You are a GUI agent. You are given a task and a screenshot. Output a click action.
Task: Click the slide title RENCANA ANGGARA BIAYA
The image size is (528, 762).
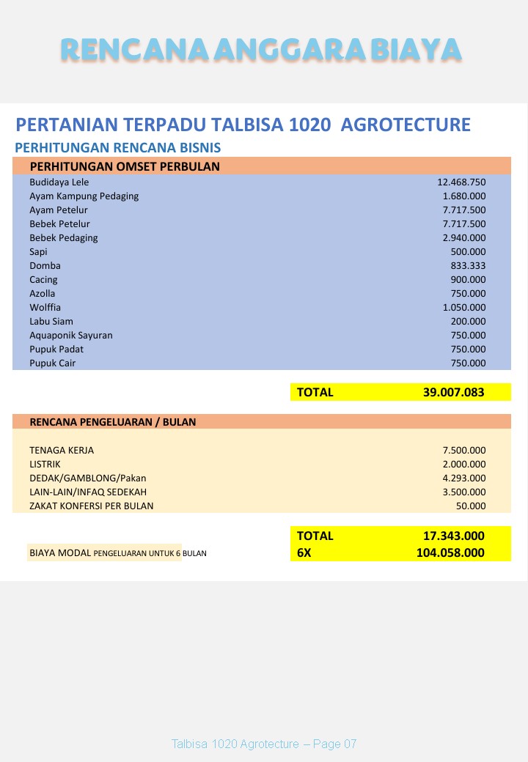(x=261, y=50)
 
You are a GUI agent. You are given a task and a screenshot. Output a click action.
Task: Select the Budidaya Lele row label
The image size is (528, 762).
(x=59, y=182)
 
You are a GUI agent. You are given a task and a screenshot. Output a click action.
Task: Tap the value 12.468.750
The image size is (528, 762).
(x=461, y=182)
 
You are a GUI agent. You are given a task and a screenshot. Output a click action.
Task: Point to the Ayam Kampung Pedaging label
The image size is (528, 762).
(x=84, y=196)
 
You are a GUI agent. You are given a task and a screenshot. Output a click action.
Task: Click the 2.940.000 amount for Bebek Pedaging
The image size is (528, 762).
(x=463, y=237)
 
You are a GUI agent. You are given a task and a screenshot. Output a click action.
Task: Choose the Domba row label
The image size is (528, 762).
(x=45, y=265)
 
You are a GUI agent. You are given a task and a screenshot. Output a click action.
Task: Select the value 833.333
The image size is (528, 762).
(x=468, y=265)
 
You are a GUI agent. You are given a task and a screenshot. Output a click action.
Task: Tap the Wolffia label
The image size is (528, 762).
(x=46, y=307)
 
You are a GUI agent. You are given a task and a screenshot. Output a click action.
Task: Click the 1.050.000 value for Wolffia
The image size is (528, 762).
(x=463, y=307)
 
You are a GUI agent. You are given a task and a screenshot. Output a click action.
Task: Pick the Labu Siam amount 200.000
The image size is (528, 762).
(x=468, y=321)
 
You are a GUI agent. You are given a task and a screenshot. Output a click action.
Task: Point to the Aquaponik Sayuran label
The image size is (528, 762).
(x=71, y=335)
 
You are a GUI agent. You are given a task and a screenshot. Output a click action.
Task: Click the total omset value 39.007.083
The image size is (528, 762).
(x=453, y=392)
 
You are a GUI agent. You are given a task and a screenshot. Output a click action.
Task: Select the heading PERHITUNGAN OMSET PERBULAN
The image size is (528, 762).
(x=125, y=166)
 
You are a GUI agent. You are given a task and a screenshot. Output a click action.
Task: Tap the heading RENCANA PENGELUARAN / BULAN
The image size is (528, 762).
(x=112, y=422)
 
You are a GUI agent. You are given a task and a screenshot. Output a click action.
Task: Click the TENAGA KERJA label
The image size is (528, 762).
(x=62, y=450)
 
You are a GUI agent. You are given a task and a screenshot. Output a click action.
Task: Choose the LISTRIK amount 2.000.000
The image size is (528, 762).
(x=463, y=464)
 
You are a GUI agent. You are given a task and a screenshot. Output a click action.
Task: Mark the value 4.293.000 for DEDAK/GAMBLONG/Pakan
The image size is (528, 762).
(x=463, y=478)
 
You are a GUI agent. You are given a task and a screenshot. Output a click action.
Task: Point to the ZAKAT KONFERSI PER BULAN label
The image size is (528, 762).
(x=92, y=506)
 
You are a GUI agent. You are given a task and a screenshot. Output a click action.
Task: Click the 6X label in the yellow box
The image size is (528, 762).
(x=304, y=552)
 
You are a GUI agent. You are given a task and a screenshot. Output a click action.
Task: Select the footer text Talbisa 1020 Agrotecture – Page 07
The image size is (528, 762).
(x=264, y=744)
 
